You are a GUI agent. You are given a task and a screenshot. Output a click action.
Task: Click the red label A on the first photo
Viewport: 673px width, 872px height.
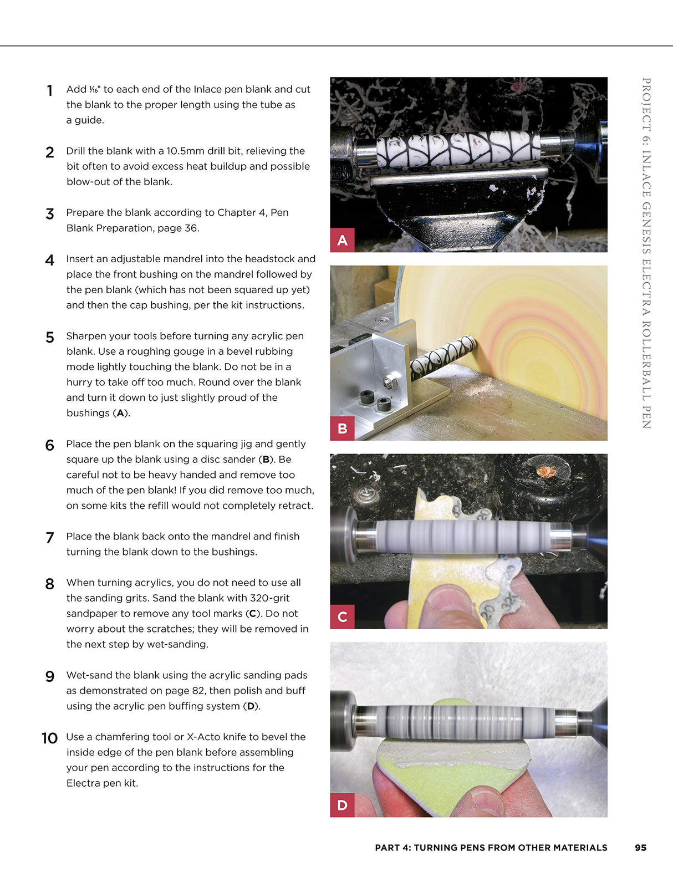(x=342, y=240)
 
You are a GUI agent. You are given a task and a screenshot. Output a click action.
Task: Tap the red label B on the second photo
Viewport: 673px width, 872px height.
(x=342, y=428)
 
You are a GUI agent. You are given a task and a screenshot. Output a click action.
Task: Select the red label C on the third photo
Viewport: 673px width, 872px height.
(x=342, y=616)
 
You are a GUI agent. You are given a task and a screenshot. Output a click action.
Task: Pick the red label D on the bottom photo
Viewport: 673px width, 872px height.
(x=342, y=805)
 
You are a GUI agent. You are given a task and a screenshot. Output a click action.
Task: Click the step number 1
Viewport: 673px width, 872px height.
(x=50, y=90)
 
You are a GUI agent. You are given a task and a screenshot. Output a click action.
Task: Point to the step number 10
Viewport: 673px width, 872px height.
(x=49, y=738)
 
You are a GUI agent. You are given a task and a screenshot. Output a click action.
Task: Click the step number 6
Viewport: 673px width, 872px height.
(x=50, y=445)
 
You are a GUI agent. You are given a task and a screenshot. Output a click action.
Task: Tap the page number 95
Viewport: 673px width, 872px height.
(x=640, y=848)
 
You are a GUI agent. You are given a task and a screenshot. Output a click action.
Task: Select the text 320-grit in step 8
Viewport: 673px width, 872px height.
(x=271, y=598)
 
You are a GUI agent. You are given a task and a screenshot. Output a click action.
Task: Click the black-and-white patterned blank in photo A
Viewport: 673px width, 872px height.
(x=458, y=149)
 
